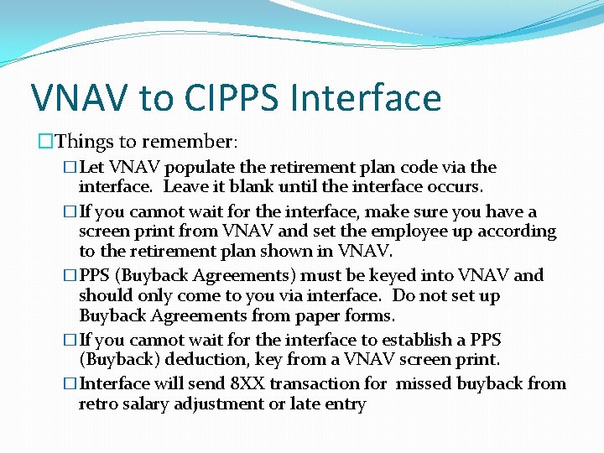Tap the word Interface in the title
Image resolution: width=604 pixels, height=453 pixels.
(366, 97)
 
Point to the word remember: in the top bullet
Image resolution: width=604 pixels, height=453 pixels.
(198, 143)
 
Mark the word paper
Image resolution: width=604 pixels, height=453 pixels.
(319, 315)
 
